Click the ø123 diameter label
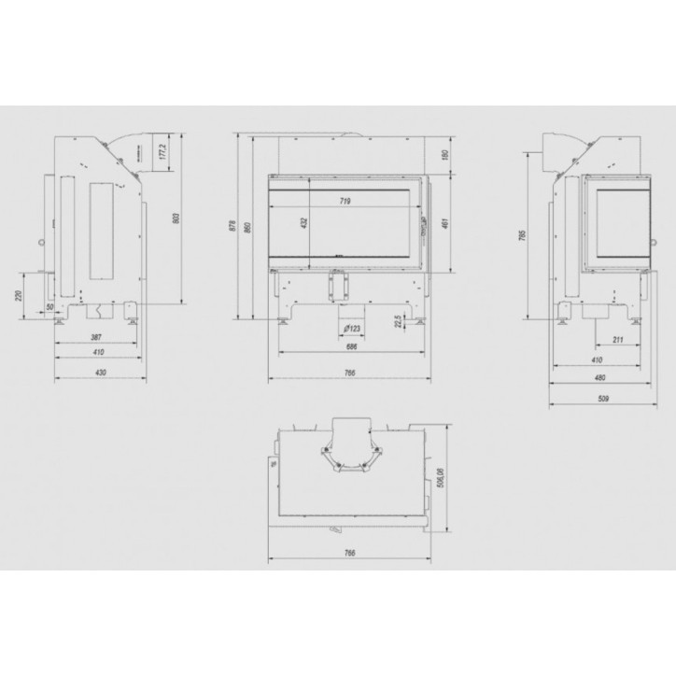(351, 329)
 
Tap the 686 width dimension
(351, 346)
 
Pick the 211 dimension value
(618, 339)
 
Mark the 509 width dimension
(602, 400)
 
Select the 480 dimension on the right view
(599, 379)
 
